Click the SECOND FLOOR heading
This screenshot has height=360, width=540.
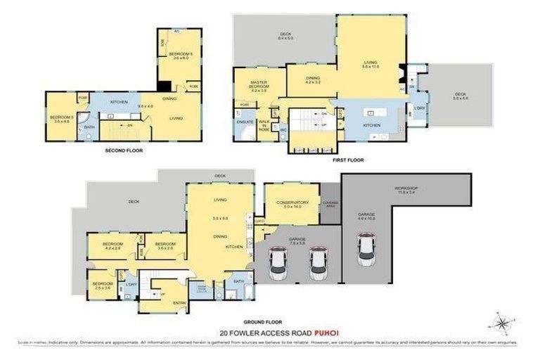point(124,150)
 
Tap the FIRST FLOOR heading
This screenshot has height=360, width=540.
point(349,160)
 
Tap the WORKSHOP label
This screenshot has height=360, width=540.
point(406,188)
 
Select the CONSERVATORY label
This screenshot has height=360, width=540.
point(292,203)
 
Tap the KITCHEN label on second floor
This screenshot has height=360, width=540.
point(120,103)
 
